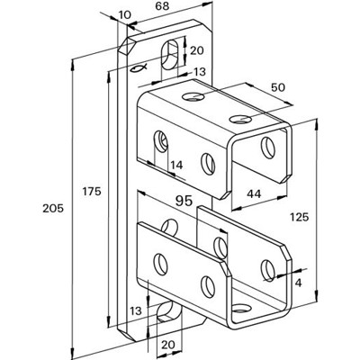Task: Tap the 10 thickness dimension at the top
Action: (x=124, y=15)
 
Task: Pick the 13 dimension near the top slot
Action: (x=200, y=73)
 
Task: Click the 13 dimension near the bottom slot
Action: (x=135, y=310)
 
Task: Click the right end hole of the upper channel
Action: (x=266, y=145)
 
